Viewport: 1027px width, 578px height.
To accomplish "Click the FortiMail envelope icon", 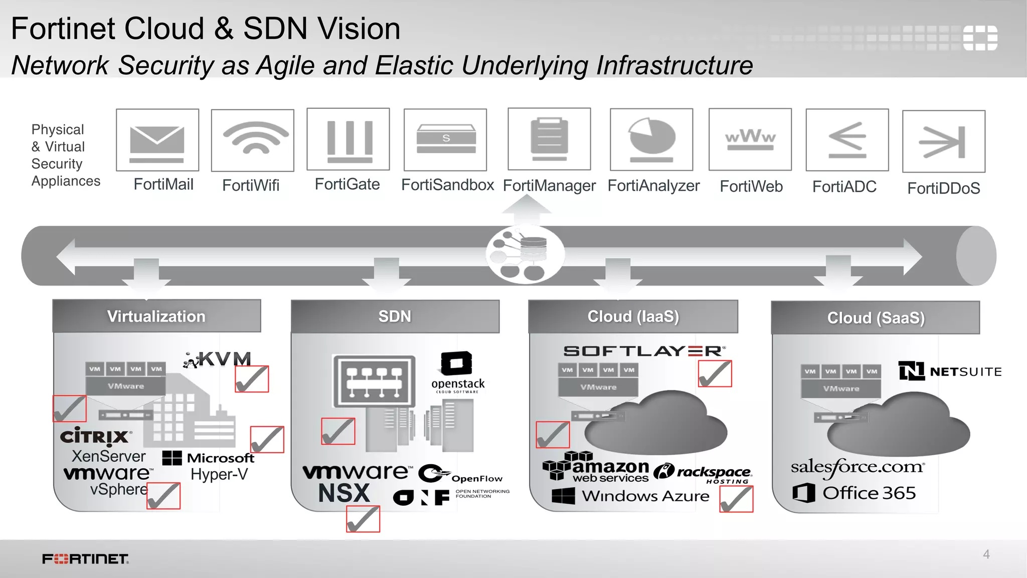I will click(x=157, y=141).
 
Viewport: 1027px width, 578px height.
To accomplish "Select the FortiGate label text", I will click(x=347, y=184).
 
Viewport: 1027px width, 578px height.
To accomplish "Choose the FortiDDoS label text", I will click(x=943, y=188).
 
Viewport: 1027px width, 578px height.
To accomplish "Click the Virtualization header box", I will click(x=156, y=316).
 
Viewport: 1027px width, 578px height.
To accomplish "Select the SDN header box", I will click(x=395, y=316).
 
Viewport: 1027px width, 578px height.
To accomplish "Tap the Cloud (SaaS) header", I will click(x=876, y=318).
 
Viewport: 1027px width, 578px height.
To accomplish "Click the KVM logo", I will click(x=218, y=359).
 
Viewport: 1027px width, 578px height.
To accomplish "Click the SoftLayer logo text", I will click(x=644, y=351).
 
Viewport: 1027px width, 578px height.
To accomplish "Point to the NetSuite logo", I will click(x=950, y=371).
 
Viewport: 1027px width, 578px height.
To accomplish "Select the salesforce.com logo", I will click(x=858, y=467).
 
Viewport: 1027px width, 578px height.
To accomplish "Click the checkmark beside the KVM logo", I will click(x=252, y=379).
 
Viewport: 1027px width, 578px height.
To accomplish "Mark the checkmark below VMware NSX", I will click(x=363, y=518).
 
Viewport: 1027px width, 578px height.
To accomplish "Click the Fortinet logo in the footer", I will click(x=85, y=559).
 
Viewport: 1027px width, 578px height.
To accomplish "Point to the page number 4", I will click(x=986, y=554).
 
